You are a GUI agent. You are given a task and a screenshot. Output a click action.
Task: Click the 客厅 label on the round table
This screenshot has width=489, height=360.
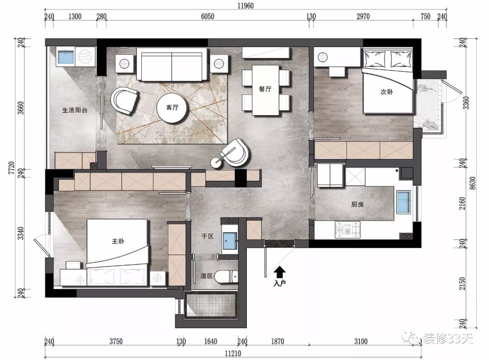(172, 108)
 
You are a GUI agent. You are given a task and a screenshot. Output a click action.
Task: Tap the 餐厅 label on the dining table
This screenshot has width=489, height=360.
(265, 89)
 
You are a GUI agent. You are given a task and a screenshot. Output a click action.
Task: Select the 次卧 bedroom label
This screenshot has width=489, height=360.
(387, 92)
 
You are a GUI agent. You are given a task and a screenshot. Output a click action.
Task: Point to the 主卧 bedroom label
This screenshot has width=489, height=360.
(118, 241)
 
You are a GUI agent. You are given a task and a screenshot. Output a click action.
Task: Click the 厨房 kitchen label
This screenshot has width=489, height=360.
(357, 205)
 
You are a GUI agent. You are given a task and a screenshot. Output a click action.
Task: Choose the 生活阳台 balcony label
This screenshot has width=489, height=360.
(75, 110)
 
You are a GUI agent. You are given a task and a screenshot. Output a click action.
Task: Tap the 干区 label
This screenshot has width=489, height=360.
(207, 236)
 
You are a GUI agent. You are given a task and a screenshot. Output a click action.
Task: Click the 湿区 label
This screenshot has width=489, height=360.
(206, 276)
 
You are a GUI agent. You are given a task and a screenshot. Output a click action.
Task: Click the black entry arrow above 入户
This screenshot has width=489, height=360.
(279, 272)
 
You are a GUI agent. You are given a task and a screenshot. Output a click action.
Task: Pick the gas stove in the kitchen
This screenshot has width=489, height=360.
(347, 230)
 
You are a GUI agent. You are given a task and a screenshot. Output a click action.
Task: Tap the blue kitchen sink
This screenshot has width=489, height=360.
(403, 202)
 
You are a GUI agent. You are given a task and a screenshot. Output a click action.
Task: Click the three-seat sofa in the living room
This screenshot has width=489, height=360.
(172, 64)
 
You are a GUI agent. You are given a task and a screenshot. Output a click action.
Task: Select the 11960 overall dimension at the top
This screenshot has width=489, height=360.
(246, 5)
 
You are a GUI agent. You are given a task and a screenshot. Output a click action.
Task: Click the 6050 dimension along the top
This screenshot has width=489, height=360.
(207, 16)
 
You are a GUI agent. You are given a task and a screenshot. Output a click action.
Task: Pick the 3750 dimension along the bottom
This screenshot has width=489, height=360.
(116, 341)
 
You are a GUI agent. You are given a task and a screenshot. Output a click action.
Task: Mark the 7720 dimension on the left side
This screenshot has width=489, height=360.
(11, 168)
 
